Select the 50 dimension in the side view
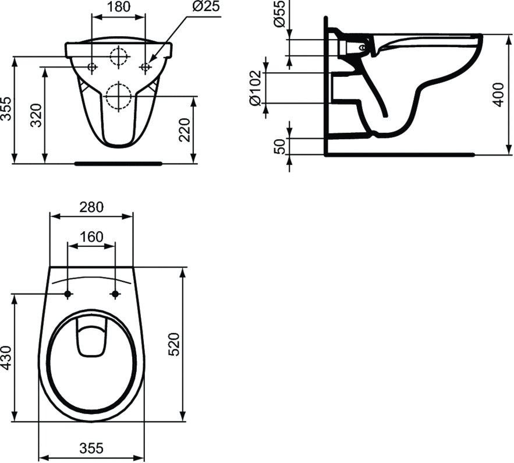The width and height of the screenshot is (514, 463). coord(281,147)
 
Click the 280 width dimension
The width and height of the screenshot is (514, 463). coord(91,207)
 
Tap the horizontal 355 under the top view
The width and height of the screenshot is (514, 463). coord(91,448)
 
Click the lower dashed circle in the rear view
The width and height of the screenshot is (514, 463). coord(119,96)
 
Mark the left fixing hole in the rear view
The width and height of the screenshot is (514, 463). coord(91,68)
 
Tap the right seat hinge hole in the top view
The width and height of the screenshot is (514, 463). coord(115,294)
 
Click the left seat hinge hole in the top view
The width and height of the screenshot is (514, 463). coord(68,294)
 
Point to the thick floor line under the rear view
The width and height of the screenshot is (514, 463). coord(118,164)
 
